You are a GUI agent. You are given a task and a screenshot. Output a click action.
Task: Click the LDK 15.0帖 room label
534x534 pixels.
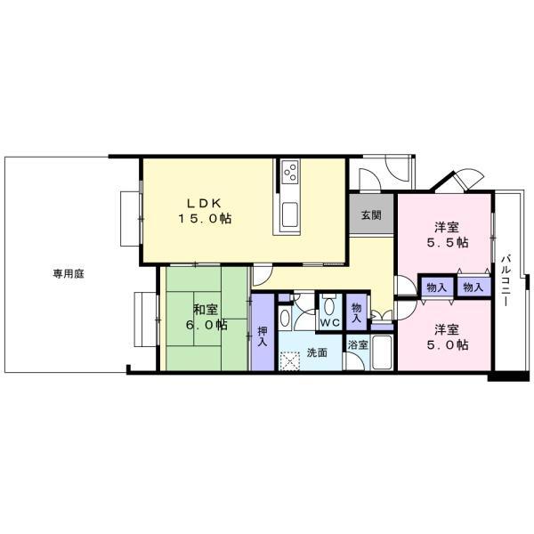(x=206, y=211)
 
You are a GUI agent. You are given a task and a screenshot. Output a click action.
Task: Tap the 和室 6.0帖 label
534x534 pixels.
(x=206, y=318)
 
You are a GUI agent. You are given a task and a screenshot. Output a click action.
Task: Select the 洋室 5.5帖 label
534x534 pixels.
(x=447, y=235)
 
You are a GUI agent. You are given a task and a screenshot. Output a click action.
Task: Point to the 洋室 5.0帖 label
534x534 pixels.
(x=447, y=337)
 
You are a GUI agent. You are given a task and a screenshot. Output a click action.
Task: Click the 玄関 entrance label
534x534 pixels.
(x=371, y=215)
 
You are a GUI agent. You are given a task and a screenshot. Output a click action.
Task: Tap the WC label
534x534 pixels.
(x=330, y=322)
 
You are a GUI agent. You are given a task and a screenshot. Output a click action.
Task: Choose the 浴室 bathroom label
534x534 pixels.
(x=358, y=344)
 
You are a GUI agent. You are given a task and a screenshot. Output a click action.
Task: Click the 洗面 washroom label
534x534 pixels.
(x=317, y=352)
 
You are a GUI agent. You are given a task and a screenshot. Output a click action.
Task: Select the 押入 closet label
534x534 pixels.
(x=263, y=337)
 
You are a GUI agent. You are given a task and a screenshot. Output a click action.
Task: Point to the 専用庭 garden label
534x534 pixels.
(x=69, y=274)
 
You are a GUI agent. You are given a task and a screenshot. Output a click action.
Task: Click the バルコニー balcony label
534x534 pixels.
(x=506, y=280)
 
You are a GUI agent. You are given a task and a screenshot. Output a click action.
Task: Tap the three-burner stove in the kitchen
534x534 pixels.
(x=290, y=171)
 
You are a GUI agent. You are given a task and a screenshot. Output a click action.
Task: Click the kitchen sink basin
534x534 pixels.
(x=290, y=214)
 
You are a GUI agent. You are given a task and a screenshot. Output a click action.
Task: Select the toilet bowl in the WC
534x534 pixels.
(x=328, y=305)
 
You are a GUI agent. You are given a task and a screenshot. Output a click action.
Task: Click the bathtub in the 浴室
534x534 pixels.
(x=382, y=352)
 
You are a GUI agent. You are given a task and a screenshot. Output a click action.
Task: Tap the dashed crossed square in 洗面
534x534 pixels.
(x=290, y=361)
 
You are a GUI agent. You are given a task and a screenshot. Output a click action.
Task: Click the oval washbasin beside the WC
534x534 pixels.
(x=285, y=319)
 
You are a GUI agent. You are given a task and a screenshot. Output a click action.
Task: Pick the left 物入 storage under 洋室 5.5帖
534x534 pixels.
(x=436, y=287)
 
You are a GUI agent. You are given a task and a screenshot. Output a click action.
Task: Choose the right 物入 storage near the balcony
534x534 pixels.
(x=473, y=287)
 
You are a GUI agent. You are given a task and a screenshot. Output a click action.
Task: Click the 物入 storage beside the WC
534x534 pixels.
(x=356, y=312)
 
